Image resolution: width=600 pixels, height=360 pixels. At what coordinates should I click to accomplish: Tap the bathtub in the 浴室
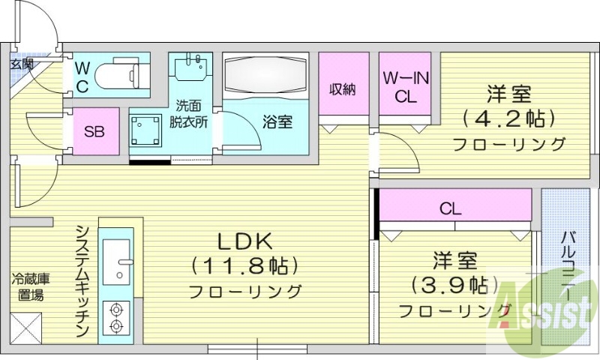click(266, 76)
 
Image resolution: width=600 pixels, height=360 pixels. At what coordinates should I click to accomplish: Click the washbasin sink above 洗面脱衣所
click(190, 68)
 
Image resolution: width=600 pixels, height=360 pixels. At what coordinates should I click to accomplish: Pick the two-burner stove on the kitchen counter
click(116, 316)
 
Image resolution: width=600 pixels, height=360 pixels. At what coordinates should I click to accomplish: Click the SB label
click(94, 132)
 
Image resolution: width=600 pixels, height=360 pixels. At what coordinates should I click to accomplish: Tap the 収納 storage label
click(343, 88)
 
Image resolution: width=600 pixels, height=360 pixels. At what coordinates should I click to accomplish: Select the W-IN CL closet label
click(405, 86)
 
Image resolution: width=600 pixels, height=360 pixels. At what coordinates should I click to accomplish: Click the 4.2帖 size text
click(509, 118)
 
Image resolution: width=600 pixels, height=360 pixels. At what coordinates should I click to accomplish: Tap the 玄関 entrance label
click(22, 63)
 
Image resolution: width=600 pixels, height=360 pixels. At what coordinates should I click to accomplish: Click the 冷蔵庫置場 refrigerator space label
click(31, 287)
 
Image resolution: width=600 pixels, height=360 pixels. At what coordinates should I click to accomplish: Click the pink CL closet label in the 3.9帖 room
click(450, 208)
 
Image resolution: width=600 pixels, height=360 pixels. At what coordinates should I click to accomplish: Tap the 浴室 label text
click(277, 122)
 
